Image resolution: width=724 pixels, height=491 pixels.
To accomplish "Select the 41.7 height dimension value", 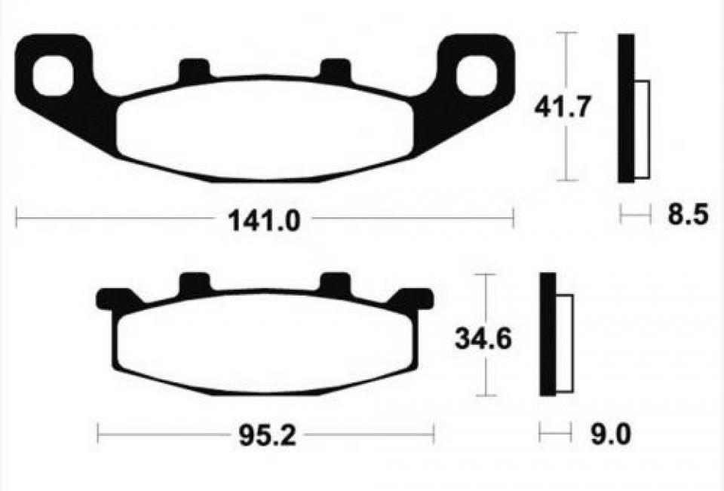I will tap(561, 107).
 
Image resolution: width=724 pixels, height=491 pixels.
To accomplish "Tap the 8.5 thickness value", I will tap(687, 216).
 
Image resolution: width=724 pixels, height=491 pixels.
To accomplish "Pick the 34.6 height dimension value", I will tap(483, 339).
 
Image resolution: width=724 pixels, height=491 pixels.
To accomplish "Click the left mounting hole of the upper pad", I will tap(51, 77).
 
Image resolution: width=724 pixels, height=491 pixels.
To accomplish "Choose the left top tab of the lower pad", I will tap(193, 284).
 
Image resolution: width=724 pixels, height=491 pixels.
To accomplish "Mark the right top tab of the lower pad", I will tap(336, 284).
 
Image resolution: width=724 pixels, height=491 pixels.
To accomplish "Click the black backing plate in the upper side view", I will tap(626, 108).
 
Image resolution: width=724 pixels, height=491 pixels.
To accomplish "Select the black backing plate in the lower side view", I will tap(548, 334).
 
